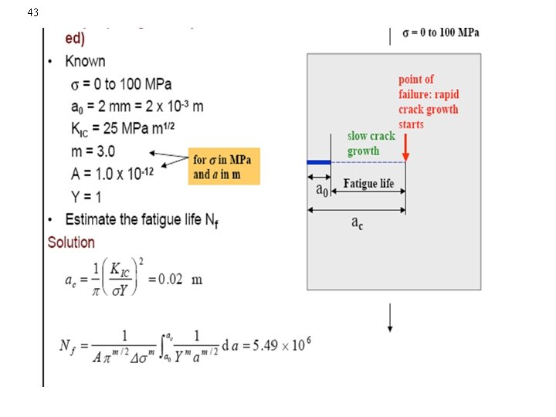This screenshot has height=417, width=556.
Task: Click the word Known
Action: [85, 61]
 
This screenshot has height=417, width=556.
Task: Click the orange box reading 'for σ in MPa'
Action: [225, 166]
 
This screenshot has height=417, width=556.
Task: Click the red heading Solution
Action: [71, 242]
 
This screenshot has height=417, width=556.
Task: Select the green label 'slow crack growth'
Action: [371, 143]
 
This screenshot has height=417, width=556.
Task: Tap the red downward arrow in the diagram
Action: [405, 151]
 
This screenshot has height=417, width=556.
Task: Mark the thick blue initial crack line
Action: [318, 162]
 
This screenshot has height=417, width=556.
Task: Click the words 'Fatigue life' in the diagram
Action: [368, 184]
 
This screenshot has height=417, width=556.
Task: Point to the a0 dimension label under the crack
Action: [319, 188]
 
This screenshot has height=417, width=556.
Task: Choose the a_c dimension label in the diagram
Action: [357, 222]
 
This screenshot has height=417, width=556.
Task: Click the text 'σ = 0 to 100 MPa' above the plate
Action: [441, 32]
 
